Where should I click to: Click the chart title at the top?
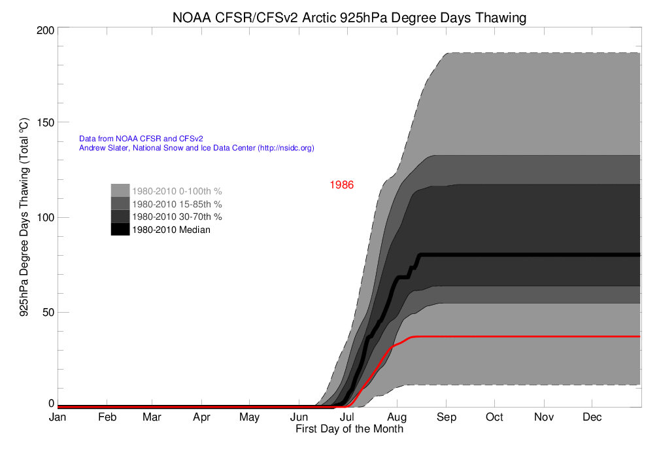[x=349, y=18]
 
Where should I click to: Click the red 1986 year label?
[x=341, y=185]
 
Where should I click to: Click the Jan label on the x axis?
[x=58, y=417]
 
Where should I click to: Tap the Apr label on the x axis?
[x=201, y=417]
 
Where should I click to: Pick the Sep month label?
[x=446, y=417]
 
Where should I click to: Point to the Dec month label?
[x=592, y=417]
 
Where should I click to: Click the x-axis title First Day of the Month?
[x=349, y=429]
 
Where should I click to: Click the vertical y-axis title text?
[x=24, y=217]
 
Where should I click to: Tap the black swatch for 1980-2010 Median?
[x=120, y=229]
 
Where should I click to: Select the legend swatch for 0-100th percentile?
[x=120, y=190]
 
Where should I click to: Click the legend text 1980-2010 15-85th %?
[x=177, y=204]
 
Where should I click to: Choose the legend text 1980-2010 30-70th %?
[x=177, y=217]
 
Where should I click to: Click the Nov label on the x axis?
[x=543, y=417]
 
